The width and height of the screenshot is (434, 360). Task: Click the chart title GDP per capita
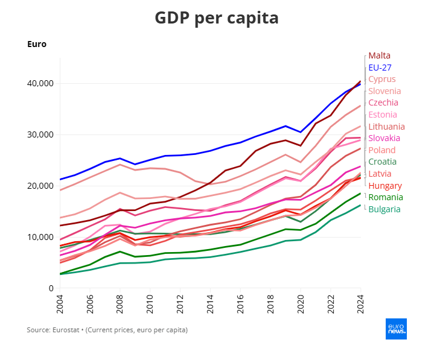click(217, 18)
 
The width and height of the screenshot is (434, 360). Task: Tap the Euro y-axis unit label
click(37, 44)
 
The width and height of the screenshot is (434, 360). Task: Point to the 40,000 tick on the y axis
click(40, 83)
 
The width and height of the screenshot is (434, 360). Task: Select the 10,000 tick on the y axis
click(40, 237)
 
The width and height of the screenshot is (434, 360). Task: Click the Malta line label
click(379, 55)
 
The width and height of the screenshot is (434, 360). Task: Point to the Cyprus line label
click(382, 79)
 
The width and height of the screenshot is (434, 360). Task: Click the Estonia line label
click(383, 115)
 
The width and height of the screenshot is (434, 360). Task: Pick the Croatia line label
click(382, 162)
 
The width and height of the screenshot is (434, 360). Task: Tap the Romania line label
click(386, 197)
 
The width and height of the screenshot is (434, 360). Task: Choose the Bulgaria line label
click(385, 209)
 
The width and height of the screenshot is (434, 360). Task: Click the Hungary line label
click(385, 185)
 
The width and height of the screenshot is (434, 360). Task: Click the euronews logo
click(396, 329)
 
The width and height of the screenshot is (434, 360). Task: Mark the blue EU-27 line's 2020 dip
click(301, 132)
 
